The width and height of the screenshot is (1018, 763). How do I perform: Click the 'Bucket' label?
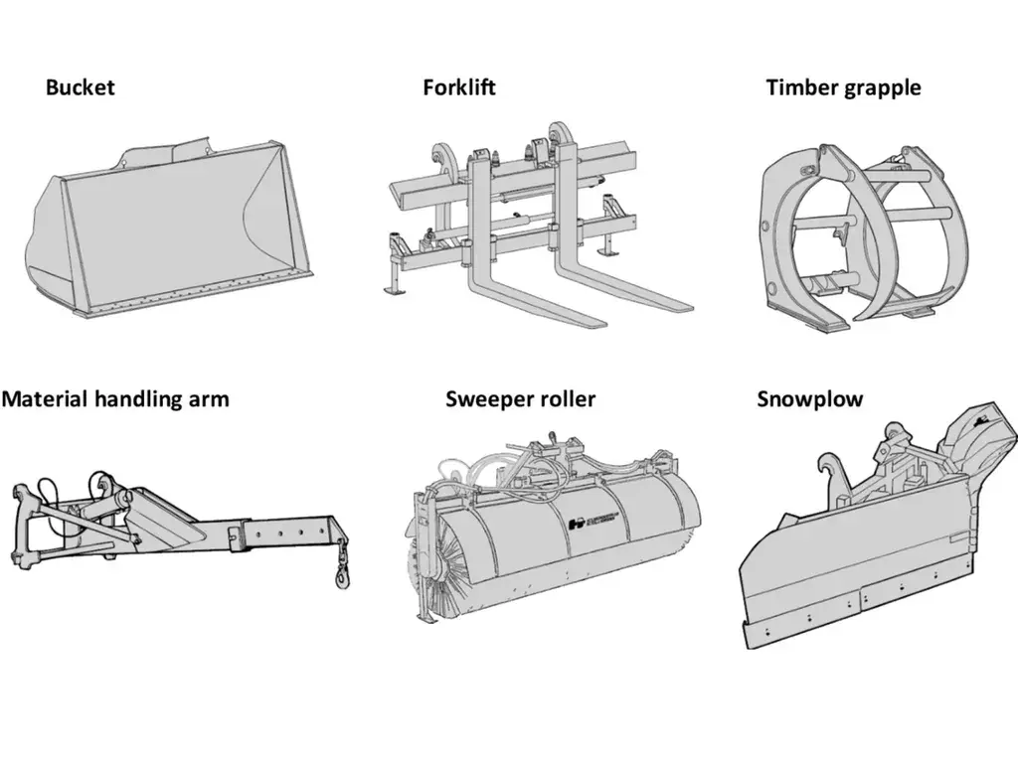point(80,87)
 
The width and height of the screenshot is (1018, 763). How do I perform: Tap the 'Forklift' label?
point(458,87)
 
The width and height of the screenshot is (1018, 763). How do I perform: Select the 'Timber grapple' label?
point(843,87)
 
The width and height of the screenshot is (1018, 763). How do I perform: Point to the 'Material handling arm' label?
point(115,399)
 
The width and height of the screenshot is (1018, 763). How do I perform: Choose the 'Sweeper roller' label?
point(520,399)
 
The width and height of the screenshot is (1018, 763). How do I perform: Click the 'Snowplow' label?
point(810,399)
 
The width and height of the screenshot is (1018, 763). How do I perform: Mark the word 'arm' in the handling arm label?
point(209,399)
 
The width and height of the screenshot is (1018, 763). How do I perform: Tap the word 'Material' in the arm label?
point(45,399)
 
